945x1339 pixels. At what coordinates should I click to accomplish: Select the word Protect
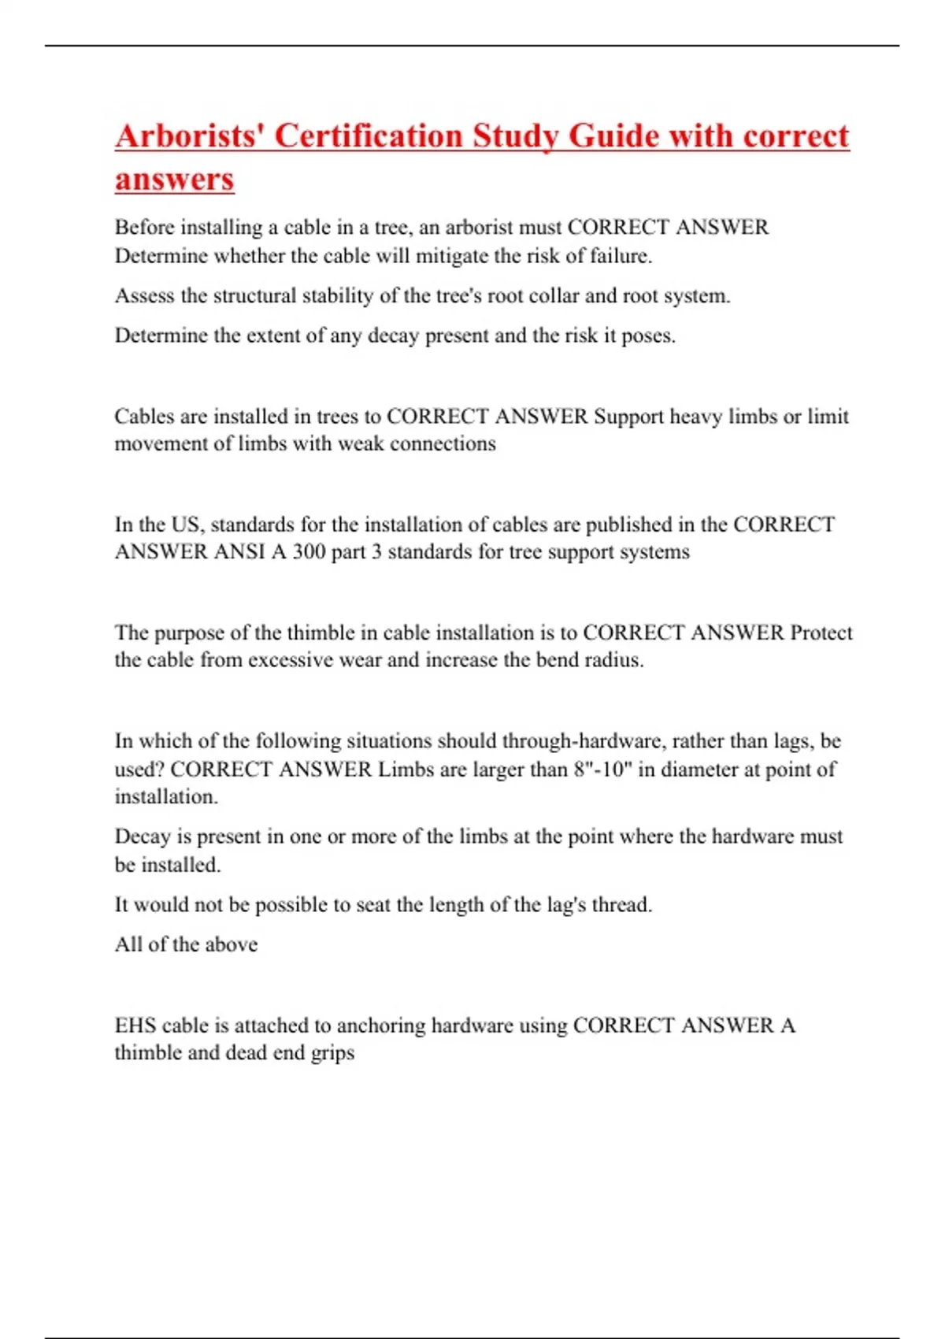[x=821, y=632]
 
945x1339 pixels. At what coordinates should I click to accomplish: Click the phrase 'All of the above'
[x=186, y=944]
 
